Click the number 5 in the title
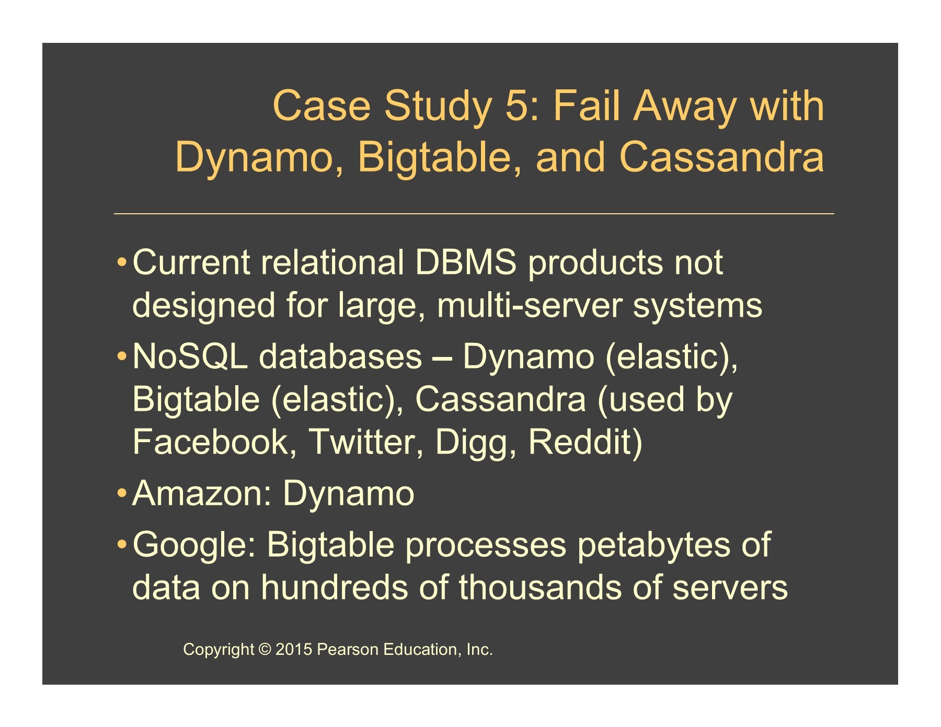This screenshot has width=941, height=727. coord(517,106)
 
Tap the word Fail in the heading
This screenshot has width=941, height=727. coord(586,106)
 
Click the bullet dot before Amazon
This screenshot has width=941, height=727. coord(121,494)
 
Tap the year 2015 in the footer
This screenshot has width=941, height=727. coord(294,650)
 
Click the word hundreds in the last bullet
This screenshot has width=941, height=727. coord(334,587)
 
